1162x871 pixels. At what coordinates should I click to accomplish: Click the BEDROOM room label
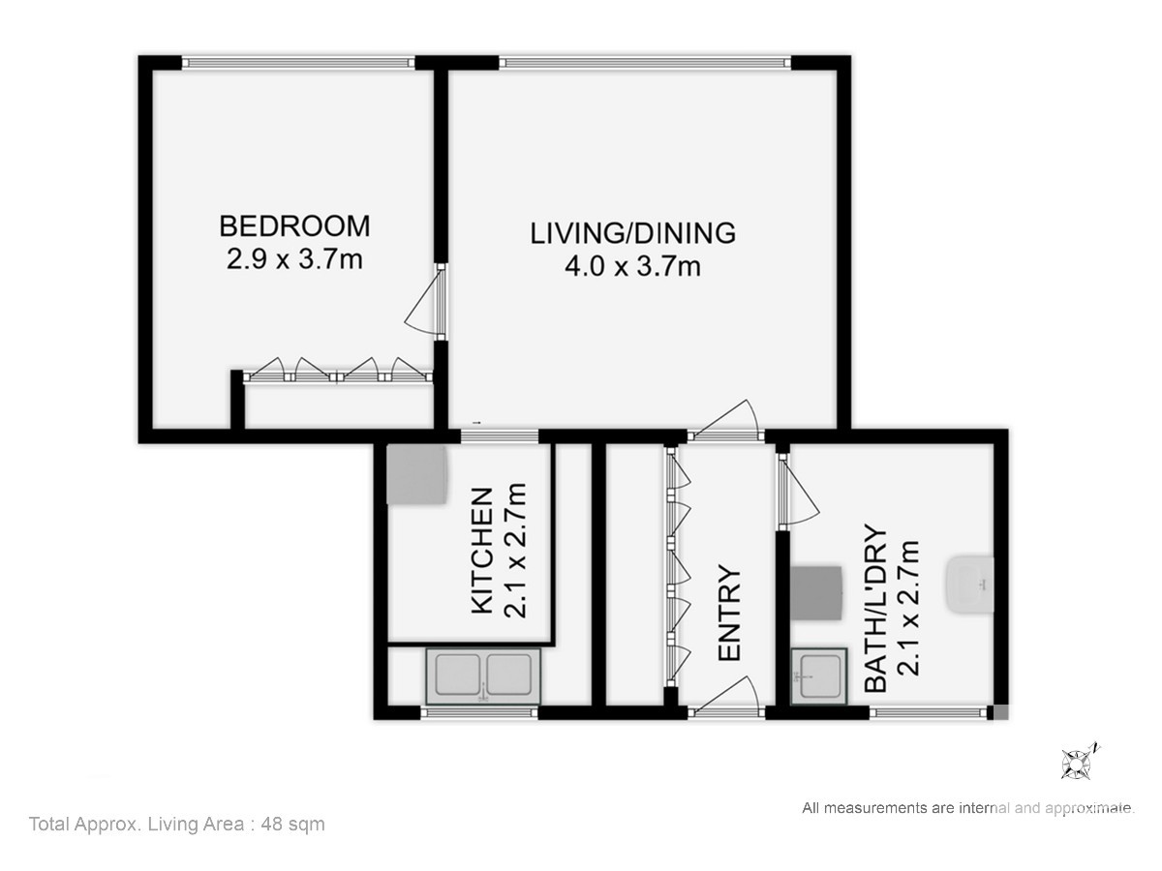pyautogui.click(x=294, y=225)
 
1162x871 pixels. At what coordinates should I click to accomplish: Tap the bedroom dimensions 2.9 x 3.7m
pyautogui.click(x=294, y=259)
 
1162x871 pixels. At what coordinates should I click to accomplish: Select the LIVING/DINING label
pyautogui.click(x=632, y=233)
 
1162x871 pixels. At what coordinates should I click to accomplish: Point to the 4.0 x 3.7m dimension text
pyautogui.click(x=632, y=266)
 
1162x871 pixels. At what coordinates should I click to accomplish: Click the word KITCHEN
pyautogui.click(x=481, y=551)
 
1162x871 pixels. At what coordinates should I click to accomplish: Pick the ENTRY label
pyautogui.click(x=729, y=613)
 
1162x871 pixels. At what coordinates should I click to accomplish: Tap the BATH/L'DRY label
pyautogui.click(x=874, y=608)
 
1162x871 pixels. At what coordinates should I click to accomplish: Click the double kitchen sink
pyautogui.click(x=483, y=676)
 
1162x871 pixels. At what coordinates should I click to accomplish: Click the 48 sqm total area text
pyautogui.click(x=292, y=824)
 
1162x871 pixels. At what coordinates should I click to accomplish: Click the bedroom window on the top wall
pyautogui.click(x=298, y=63)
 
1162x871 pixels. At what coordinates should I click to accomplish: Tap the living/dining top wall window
pyautogui.click(x=645, y=63)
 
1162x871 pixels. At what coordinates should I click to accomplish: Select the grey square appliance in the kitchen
pyautogui.click(x=417, y=475)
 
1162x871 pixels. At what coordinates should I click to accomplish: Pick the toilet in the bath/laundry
pyautogui.click(x=970, y=585)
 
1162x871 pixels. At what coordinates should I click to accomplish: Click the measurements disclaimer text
pyautogui.click(x=968, y=808)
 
